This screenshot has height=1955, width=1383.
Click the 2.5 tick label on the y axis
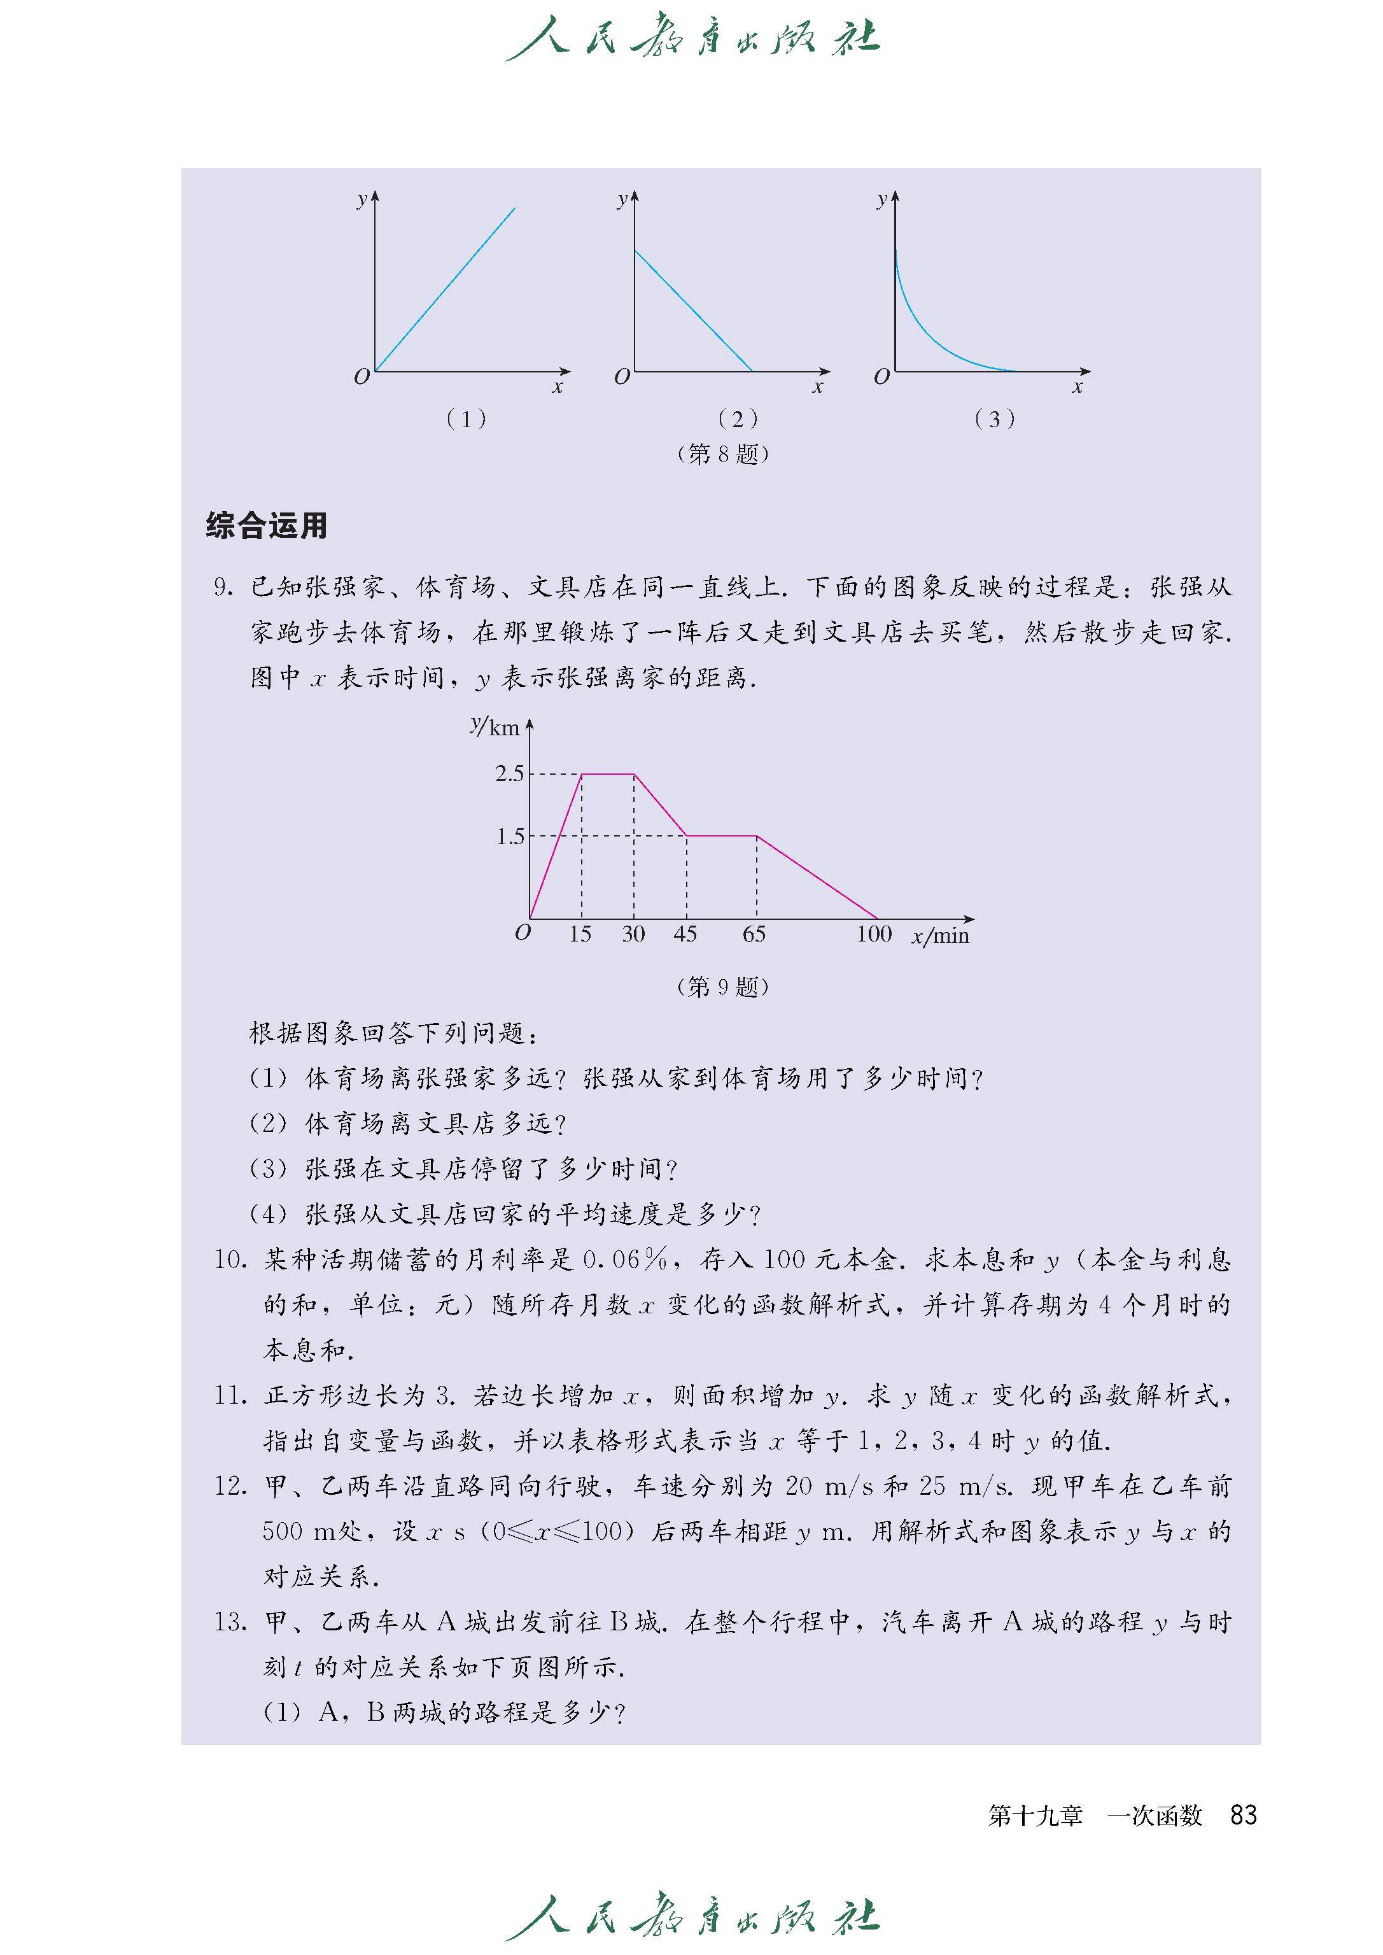tap(509, 773)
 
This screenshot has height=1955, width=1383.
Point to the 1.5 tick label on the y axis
tap(510, 836)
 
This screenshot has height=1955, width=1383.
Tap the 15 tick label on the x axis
tap(580, 935)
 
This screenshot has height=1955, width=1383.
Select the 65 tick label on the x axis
tap(754, 935)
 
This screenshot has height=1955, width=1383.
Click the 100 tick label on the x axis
tap(874, 935)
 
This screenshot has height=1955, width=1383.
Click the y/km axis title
tap(495, 726)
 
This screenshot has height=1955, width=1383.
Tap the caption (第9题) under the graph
tap(722, 987)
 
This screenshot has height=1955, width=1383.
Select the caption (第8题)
tap(722, 454)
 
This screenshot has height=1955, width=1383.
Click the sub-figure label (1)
tap(466, 419)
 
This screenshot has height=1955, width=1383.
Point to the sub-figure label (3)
tap(994, 419)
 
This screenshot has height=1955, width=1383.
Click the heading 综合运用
tap(267, 526)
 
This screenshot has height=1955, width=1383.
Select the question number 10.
tap(230, 1260)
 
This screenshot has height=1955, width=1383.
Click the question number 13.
tap(230, 1622)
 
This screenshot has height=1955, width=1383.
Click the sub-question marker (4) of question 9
tap(268, 1214)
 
